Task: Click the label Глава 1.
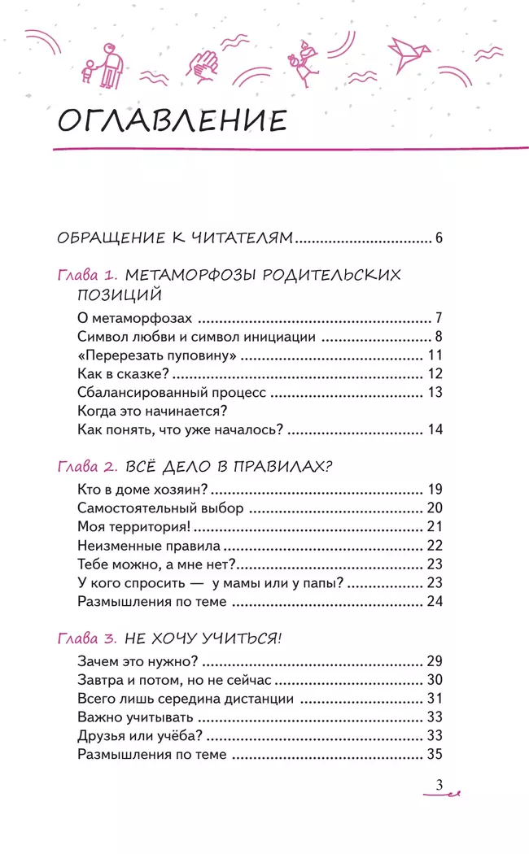pos(89,274)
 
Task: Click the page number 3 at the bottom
pos(439,785)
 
